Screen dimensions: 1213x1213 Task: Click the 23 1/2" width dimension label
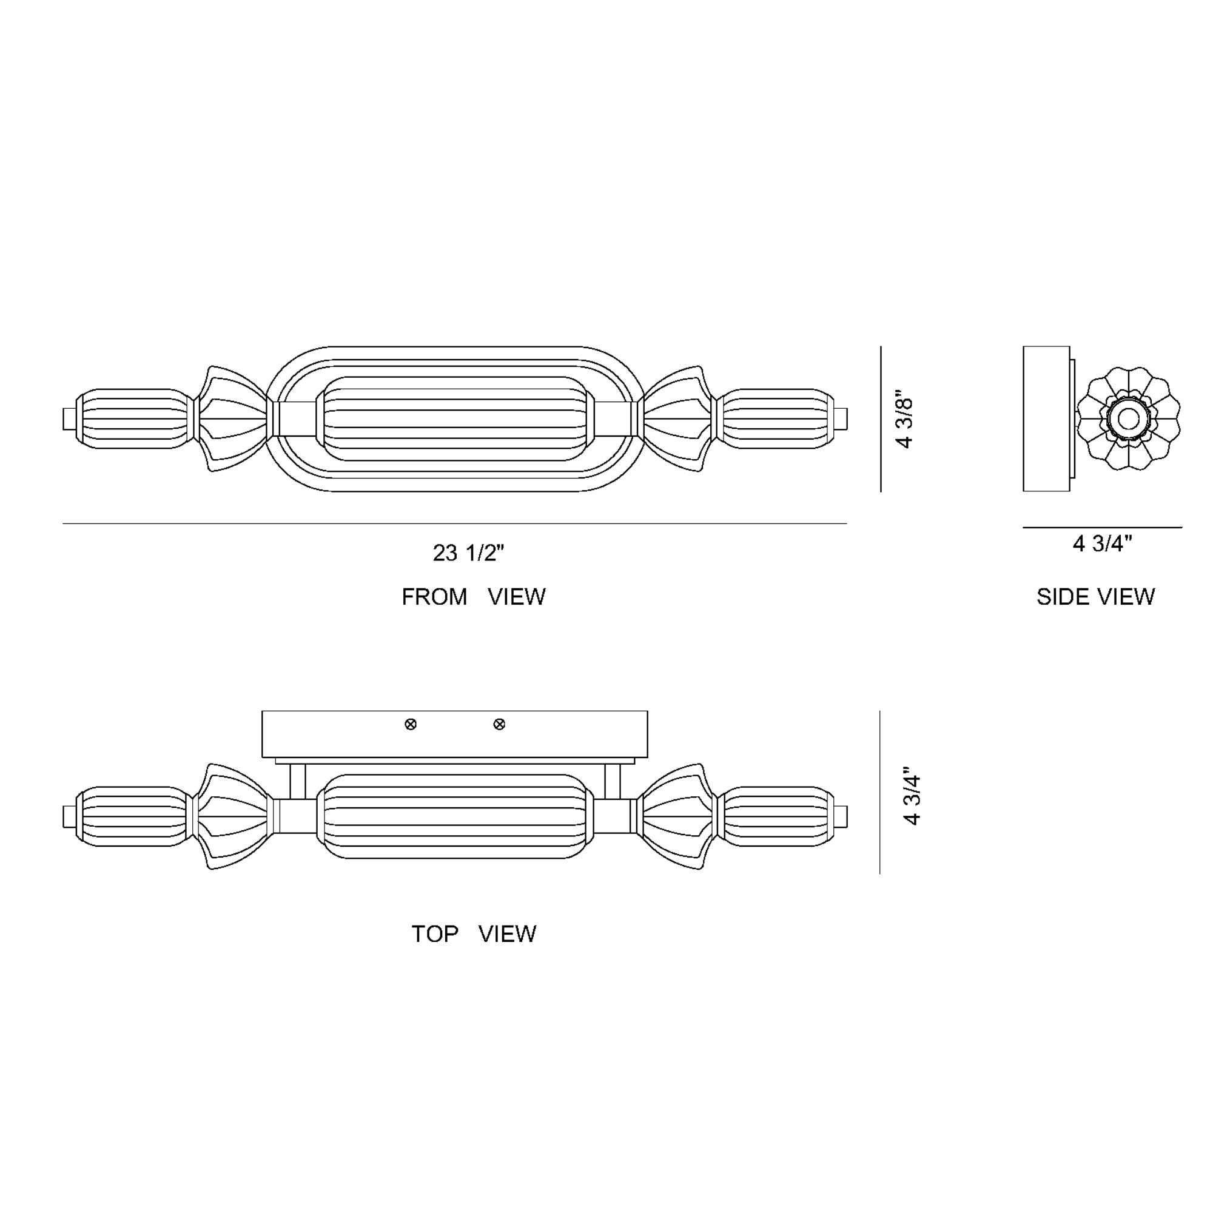point(468,553)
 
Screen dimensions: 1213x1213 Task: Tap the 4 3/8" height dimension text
point(905,423)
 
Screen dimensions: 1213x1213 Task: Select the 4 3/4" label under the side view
point(1103,543)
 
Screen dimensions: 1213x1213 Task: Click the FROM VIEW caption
point(474,596)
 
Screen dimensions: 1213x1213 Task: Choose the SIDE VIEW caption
point(1095,596)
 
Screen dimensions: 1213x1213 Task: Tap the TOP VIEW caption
point(474,933)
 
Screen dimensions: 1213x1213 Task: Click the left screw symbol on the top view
point(411,725)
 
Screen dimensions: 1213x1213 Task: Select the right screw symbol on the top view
point(499,725)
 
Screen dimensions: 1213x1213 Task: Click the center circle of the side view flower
point(1129,418)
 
